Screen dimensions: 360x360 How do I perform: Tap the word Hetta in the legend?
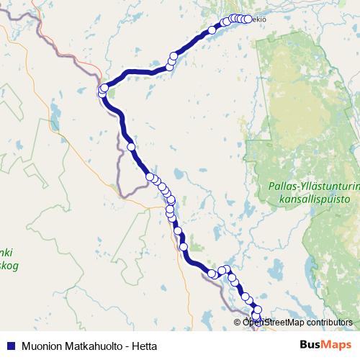[x=143, y=346]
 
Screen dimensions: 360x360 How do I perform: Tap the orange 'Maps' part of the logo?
[x=337, y=346]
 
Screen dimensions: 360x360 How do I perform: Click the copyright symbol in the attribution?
[x=237, y=323]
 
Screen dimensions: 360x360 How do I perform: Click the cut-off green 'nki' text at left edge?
[x=6, y=253]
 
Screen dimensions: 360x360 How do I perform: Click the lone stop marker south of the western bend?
[x=131, y=147]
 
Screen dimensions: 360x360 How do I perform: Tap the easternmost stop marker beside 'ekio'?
[x=248, y=19]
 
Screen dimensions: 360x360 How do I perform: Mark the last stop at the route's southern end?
[x=257, y=318]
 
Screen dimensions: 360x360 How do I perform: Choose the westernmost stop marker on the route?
[x=102, y=91]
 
